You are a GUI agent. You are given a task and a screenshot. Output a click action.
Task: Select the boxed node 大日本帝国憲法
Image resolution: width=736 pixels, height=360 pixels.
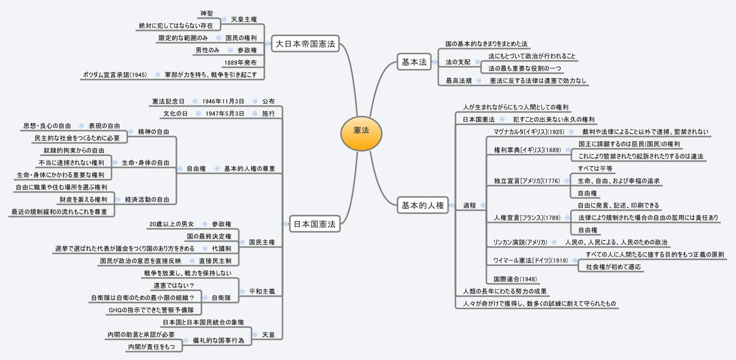click(305, 44)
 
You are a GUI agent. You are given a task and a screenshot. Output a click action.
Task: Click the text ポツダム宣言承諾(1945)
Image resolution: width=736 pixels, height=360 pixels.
click(114, 75)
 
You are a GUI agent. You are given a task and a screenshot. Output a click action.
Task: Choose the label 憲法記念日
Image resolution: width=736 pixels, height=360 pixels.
click(168, 102)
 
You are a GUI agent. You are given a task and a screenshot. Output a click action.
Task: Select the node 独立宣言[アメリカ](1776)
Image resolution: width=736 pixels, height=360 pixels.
click(527, 181)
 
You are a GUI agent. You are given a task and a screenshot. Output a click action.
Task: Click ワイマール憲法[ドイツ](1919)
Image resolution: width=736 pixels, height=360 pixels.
click(530, 260)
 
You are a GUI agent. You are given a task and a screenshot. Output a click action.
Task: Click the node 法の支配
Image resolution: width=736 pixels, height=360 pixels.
click(458, 62)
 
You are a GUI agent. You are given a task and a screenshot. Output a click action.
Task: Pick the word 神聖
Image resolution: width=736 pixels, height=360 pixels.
click(206, 13)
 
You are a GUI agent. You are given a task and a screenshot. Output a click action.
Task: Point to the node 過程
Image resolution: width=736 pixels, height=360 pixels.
click(469, 206)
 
